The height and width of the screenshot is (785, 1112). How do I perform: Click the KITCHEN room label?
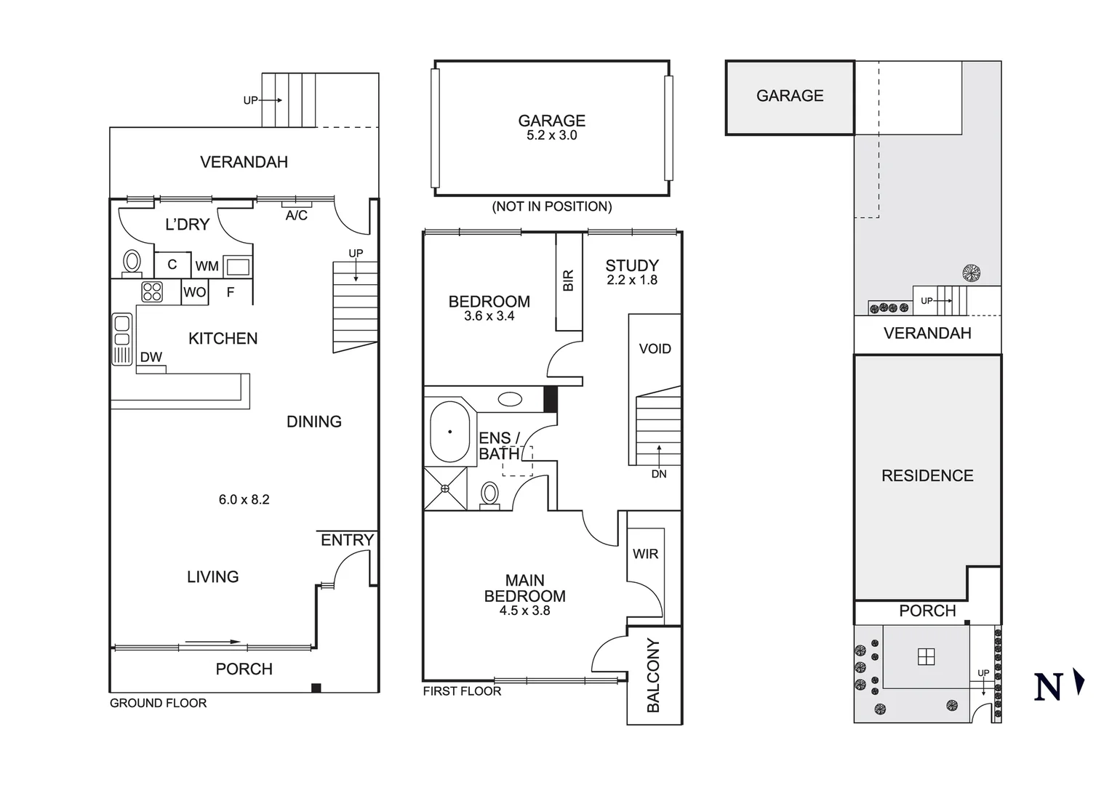click(223, 339)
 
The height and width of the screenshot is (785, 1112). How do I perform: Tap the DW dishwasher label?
click(151, 357)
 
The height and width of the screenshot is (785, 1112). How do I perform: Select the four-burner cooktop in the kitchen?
click(152, 292)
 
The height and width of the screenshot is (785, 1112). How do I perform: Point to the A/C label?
click(296, 216)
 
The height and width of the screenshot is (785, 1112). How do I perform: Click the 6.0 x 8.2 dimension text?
click(244, 499)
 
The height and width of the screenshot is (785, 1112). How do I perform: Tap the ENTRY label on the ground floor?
click(347, 540)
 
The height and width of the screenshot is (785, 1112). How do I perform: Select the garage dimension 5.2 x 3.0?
click(551, 135)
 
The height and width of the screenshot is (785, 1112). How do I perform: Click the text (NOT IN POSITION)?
click(551, 206)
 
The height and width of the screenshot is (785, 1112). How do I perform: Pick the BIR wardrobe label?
click(569, 281)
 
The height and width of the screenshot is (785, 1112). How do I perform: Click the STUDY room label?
click(632, 265)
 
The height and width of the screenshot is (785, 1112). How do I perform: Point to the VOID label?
click(655, 349)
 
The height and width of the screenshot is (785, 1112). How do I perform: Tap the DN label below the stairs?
click(659, 474)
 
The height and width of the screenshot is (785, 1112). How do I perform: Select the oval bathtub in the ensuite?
click(450, 432)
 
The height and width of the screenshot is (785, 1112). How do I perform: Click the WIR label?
click(645, 554)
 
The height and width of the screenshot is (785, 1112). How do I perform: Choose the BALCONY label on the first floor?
click(653, 675)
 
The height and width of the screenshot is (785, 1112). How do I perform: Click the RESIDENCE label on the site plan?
click(927, 476)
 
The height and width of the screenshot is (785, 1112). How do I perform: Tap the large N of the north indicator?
click(1048, 687)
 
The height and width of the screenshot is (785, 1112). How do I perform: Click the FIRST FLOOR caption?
click(462, 691)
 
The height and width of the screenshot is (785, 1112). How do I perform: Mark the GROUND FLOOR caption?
click(158, 703)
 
